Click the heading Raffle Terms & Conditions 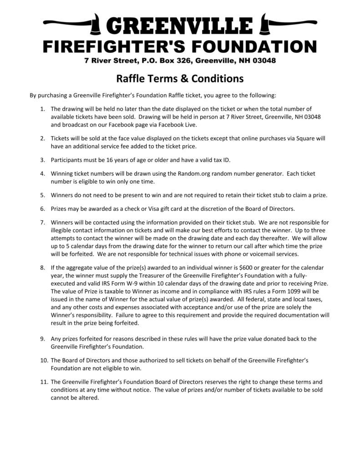180,79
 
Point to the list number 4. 42,174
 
